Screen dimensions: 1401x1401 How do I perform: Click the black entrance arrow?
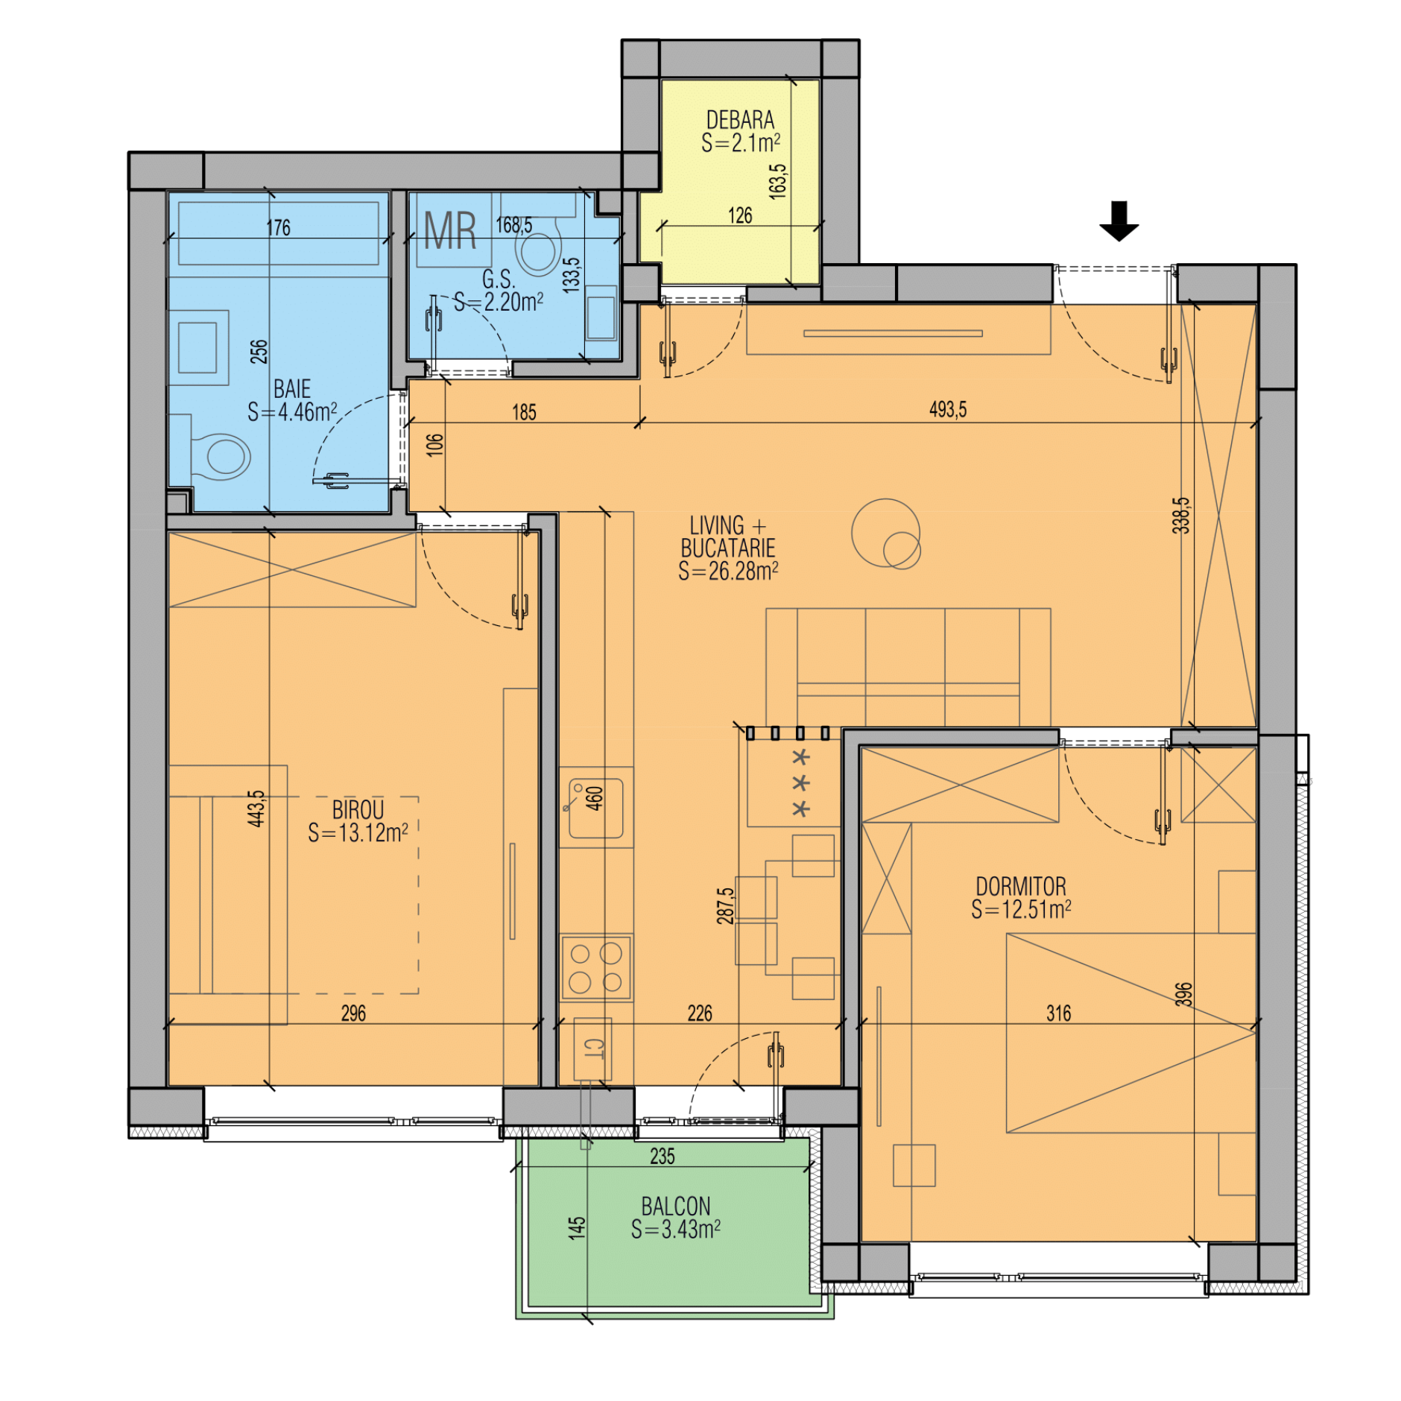tap(1119, 221)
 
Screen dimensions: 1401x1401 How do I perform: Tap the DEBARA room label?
tap(740, 120)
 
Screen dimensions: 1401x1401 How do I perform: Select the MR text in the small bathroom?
tap(450, 231)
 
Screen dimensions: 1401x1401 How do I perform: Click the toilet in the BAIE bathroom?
tap(221, 456)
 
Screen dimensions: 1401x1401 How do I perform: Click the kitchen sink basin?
tap(595, 808)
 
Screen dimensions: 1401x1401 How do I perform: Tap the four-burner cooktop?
tap(595, 967)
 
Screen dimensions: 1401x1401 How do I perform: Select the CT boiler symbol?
tap(592, 1049)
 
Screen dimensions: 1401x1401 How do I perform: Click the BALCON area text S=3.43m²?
tap(675, 1229)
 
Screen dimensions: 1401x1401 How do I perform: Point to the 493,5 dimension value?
tap(947, 409)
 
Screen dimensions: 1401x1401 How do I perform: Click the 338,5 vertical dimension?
tap(1181, 515)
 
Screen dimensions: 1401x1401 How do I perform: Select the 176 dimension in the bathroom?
tap(278, 227)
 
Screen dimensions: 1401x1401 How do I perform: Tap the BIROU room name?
tap(358, 810)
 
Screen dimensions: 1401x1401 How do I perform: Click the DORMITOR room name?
tap(1020, 886)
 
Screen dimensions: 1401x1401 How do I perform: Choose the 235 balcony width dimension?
tap(662, 1156)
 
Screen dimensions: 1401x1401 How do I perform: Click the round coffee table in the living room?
tap(886, 533)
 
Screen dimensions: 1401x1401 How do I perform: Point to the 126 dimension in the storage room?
tap(740, 215)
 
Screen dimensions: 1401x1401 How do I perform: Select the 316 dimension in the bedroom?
tap(1058, 1013)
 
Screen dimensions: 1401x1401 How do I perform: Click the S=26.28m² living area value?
tap(728, 571)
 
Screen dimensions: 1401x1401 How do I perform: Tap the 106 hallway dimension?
tap(435, 444)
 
